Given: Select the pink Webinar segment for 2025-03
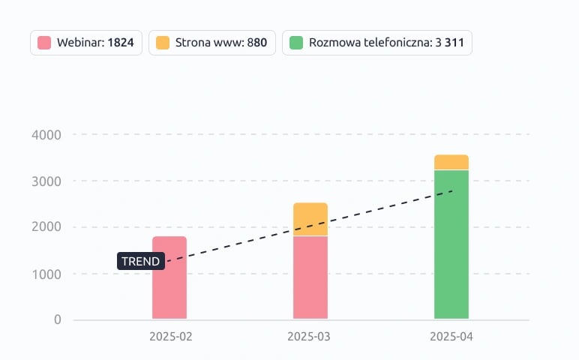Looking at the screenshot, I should coord(310,277).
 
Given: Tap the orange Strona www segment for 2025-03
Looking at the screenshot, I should coord(310,219).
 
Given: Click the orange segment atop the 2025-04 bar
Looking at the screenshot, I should coord(451,162).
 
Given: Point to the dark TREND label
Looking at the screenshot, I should coord(140,261).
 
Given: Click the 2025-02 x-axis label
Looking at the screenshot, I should coord(170,337).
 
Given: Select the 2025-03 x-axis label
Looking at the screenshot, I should coord(309,337).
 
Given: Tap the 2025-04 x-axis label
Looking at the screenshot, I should coord(451,337).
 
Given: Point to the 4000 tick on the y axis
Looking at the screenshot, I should coord(46,135).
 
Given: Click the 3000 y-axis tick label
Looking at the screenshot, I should coord(46,181).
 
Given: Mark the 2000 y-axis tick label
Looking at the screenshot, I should coord(46,227).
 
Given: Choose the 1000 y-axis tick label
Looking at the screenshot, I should coord(46,274).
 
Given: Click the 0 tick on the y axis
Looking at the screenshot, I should coord(57,320).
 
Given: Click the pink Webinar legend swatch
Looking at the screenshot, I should coord(44,43).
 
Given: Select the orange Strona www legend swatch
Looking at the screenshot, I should coord(163,43).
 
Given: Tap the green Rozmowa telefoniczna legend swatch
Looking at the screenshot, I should coord(296,43).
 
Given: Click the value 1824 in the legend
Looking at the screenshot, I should coord(120,43).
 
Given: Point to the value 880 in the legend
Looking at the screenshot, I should coord(256,43).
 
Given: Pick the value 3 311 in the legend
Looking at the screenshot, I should coord(449,43).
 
